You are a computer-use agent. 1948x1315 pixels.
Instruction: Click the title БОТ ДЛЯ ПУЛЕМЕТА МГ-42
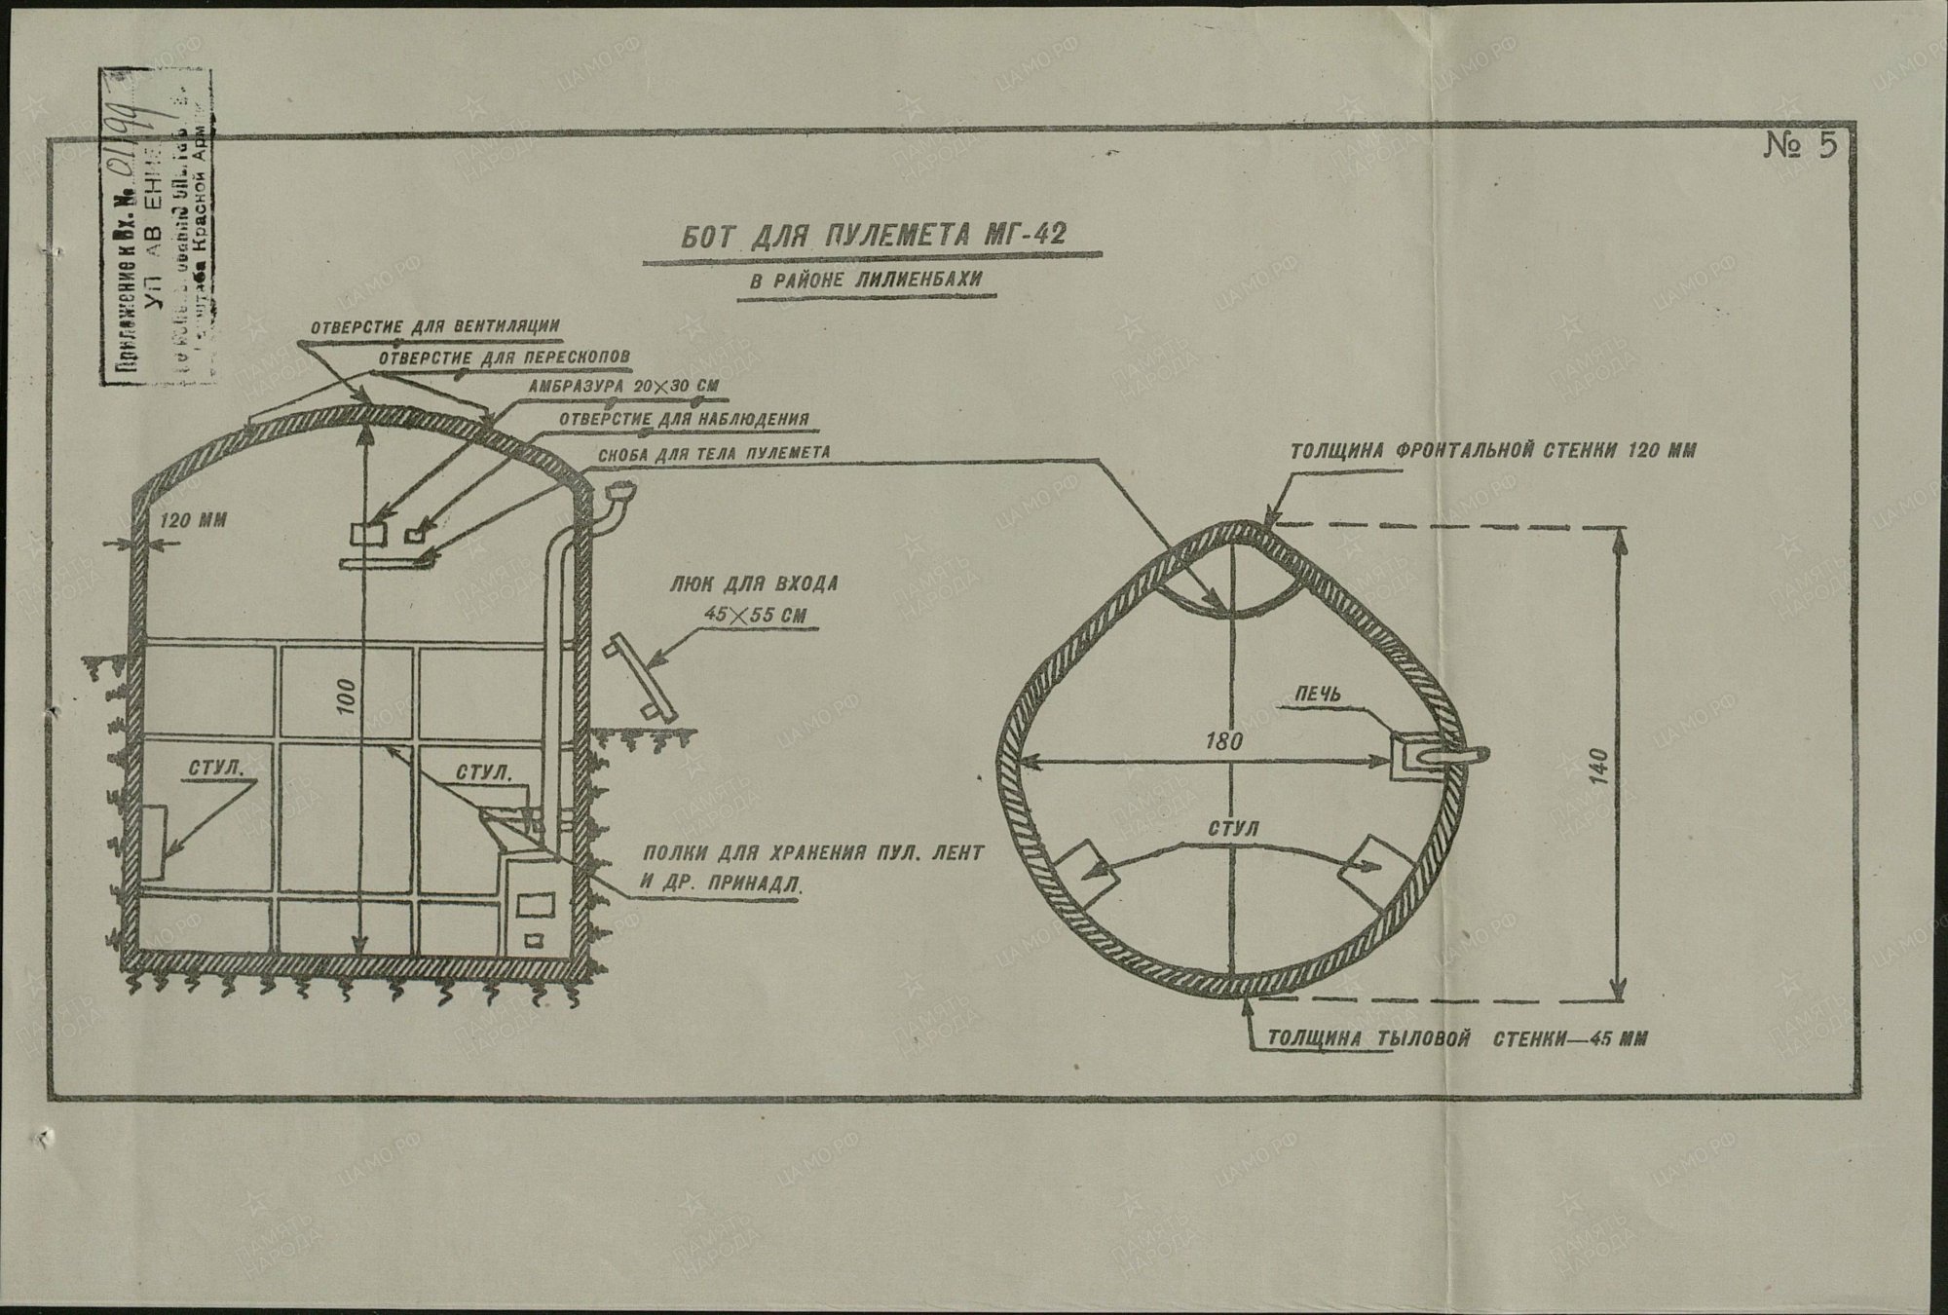coord(872,237)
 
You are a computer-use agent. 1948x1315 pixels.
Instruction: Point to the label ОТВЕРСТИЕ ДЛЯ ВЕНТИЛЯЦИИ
coord(434,325)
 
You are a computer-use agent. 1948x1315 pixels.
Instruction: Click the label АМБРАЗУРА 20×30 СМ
coord(623,387)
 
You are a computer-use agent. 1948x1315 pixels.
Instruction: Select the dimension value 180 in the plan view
coord(1223,741)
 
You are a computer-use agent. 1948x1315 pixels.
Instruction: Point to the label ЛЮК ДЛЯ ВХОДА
coord(752,584)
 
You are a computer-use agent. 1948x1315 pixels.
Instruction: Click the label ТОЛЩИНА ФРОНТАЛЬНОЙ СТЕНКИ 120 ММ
coord(1492,451)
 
